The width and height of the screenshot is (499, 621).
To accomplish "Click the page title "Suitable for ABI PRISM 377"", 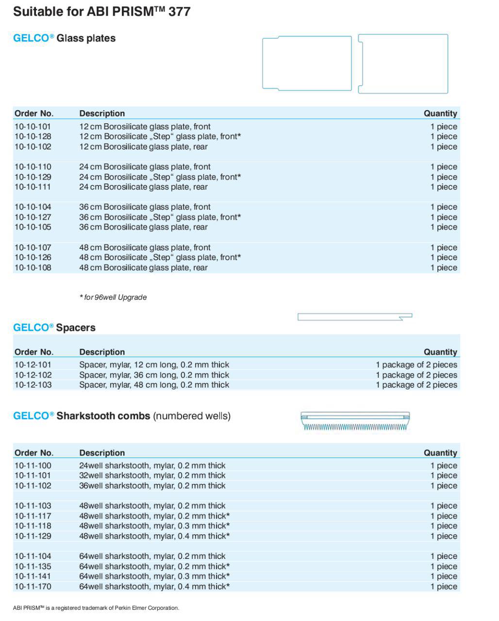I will point(101,12).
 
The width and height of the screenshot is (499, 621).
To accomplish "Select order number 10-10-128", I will point(33,137).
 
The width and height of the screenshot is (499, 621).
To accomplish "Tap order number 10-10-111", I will point(33,187).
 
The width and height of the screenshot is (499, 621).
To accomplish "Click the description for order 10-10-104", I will point(145,207).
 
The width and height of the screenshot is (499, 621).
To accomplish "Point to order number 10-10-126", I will point(33,258).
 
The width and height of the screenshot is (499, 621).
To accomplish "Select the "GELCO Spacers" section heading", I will point(54,328).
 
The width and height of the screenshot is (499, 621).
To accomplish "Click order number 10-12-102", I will point(33,375).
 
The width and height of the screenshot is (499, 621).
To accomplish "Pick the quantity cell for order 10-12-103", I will point(416,385).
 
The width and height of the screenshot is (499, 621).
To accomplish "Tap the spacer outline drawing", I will point(354,317).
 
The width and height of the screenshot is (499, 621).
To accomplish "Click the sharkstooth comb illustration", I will point(355,422).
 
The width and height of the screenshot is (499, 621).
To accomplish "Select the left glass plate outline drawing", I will point(307,63).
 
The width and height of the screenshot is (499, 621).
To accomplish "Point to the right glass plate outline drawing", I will point(403,64).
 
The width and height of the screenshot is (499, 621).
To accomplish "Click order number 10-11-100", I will point(33,466).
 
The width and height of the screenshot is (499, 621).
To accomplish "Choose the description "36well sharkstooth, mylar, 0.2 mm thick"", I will point(152,486).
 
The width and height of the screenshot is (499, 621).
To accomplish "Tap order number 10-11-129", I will point(33,536).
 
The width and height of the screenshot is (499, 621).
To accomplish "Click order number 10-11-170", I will point(33,587).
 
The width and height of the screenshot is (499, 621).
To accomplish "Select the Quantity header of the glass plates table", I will point(440,114).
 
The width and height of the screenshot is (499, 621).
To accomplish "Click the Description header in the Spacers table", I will point(102,352).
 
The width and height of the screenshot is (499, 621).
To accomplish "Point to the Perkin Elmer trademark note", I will point(96,608).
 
